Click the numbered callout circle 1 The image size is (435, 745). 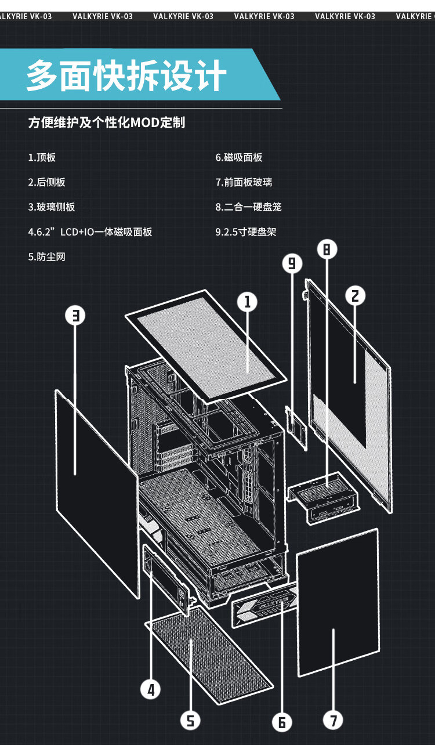coord(247,301)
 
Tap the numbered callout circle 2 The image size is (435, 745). coord(356,295)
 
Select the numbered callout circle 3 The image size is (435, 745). coord(75,315)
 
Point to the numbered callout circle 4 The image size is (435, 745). coord(151,689)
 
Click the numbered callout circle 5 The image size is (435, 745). coord(190,720)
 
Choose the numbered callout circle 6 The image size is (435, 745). coord(282,722)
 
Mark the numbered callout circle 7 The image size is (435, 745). coord(333,721)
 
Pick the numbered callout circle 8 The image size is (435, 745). coord(327,249)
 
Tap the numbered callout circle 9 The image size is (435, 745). coord(292,263)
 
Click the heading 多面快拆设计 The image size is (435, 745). coord(126,76)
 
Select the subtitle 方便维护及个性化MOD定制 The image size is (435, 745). coord(107,123)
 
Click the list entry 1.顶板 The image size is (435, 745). coord(42,157)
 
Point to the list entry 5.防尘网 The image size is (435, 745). coord(46,256)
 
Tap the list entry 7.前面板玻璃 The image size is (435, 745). coord(244,182)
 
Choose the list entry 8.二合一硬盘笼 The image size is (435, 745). coord(248,207)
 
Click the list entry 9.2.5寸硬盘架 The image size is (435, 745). coord(246,232)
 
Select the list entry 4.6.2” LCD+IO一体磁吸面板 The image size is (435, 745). coord(90,232)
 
